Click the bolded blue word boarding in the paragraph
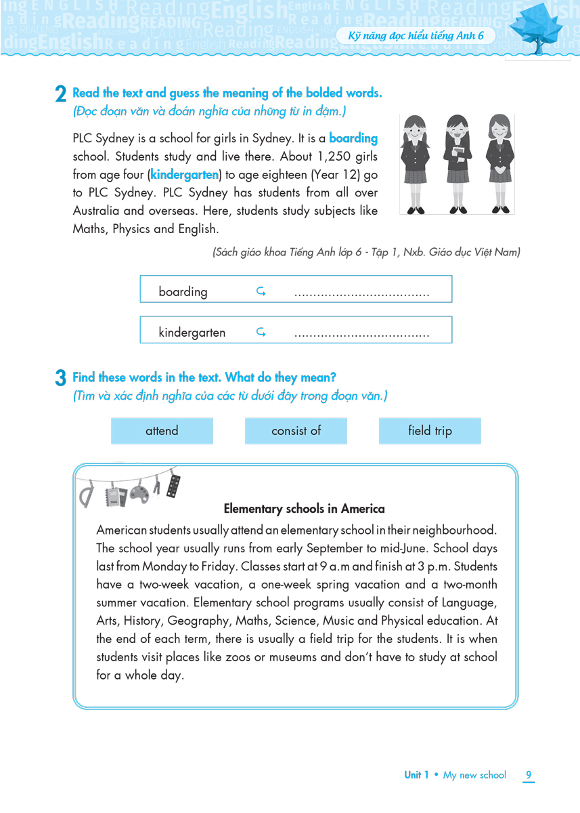click(x=353, y=138)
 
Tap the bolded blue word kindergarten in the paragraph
click(x=185, y=175)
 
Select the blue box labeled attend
click(x=162, y=431)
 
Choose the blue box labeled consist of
click(x=296, y=431)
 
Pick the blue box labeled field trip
click(x=430, y=431)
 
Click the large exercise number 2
click(x=60, y=96)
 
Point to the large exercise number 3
click(x=60, y=379)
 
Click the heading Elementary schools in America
click(x=304, y=509)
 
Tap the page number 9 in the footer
click(x=529, y=775)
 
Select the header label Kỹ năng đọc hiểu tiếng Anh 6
click(x=416, y=36)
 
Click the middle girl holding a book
click(x=458, y=163)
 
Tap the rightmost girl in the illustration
click(x=499, y=163)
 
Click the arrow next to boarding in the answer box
click(x=261, y=292)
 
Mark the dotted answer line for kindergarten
click(x=362, y=334)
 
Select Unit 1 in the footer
click(x=416, y=775)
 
